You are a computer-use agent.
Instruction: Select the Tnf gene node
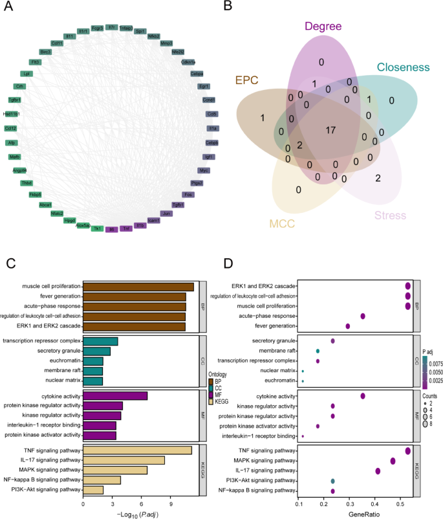127,228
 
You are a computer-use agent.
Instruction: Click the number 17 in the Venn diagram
330,131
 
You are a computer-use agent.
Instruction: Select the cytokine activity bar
116,396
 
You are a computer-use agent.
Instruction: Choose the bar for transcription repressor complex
101,341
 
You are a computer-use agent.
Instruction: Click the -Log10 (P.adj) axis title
141,514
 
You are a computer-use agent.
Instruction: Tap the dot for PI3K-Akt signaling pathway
332,481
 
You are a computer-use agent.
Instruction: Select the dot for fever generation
348,326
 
